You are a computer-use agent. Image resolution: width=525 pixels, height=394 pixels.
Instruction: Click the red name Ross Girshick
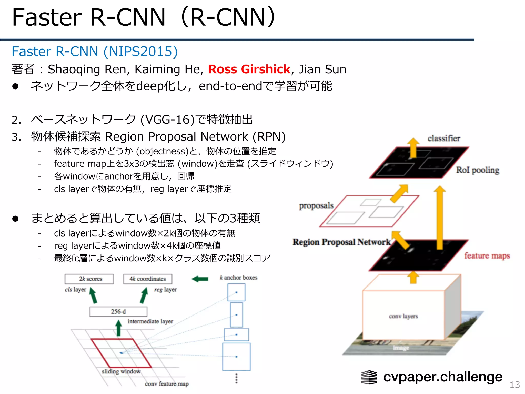249,69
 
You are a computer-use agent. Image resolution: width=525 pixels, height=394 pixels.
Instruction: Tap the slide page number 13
514,385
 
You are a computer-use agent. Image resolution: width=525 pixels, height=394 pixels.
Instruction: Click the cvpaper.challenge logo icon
369,377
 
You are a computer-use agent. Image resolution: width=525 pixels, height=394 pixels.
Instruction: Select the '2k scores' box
89,279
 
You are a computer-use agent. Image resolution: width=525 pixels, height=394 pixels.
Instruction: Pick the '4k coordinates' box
148,279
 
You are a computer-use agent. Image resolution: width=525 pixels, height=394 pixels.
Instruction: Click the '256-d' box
118,312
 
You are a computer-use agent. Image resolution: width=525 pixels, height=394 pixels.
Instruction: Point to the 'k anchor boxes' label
238,278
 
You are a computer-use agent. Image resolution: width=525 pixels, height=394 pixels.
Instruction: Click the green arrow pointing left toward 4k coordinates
200,279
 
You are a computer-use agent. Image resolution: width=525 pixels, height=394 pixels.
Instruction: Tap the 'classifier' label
443,139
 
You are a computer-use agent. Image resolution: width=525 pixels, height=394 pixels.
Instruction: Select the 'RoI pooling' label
478,170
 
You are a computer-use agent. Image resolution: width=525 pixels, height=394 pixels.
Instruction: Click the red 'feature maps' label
487,256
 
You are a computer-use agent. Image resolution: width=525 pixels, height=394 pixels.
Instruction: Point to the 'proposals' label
316,206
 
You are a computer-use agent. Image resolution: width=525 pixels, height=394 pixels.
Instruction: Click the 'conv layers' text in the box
403,316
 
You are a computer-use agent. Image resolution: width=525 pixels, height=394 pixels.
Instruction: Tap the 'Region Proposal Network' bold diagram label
341,242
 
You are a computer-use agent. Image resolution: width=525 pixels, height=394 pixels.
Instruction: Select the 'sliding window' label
121,371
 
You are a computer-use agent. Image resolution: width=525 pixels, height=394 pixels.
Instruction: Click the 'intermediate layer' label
150,321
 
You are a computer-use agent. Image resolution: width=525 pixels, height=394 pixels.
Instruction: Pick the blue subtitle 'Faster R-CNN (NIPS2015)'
95,52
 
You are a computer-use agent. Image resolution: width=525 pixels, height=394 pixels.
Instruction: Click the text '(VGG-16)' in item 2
167,120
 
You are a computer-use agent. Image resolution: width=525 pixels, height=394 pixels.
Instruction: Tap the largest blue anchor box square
236,357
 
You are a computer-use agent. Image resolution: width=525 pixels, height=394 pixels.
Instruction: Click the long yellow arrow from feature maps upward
440,218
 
